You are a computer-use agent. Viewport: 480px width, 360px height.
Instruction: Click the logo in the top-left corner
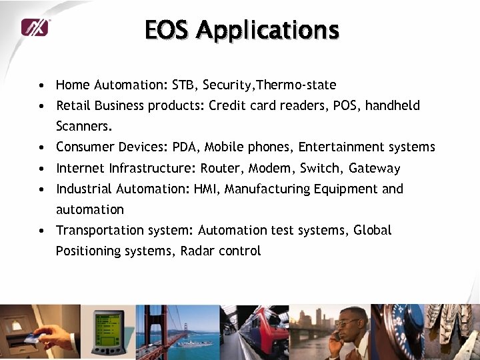point(35,27)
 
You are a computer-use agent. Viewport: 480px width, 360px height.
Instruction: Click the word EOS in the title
point(167,30)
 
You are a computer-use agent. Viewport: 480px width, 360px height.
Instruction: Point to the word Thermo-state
point(297,85)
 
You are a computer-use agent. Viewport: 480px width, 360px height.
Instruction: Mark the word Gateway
point(374,169)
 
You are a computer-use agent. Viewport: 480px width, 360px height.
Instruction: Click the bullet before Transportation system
point(41,231)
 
